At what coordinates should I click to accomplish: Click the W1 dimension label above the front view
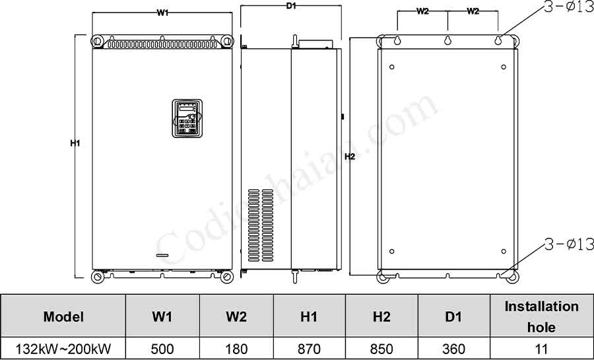(162, 13)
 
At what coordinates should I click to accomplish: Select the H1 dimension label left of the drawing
(75, 143)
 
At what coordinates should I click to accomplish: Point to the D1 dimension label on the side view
(290, 6)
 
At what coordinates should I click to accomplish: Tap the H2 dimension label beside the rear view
(350, 157)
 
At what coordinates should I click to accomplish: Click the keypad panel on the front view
(186, 119)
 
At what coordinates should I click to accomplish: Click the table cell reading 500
(162, 349)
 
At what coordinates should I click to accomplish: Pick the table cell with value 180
(236, 349)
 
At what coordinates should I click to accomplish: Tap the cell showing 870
(309, 349)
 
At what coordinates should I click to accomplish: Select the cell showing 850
(381, 349)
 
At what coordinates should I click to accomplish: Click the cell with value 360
(453, 349)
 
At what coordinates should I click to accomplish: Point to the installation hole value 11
(541, 349)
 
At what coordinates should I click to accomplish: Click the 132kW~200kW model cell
(63, 349)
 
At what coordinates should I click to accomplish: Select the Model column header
(63, 316)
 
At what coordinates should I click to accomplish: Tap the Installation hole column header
(541, 316)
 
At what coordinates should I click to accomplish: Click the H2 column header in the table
(381, 316)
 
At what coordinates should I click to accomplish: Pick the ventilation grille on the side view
(260, 225)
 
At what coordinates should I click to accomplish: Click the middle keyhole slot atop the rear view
(447, 41)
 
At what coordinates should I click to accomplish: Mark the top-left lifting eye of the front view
(98, 42)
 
